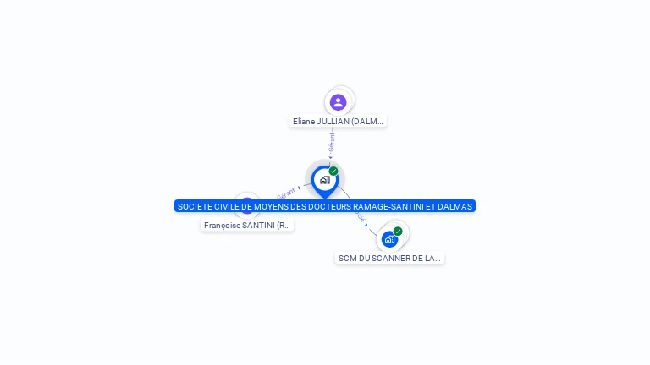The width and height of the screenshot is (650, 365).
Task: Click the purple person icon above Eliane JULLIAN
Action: pyautogui.click(x=338, y=102)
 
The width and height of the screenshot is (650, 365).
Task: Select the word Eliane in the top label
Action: pyautogui.click(x=305, y=122)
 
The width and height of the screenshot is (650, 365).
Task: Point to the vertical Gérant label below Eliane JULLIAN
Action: pyautogui.click(x=332, y=142)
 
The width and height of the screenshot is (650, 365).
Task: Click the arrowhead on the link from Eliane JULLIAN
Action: pyautogui.click(x=331, y=157)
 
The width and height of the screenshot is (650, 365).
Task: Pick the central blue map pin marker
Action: pyautogui.click(x=324, y=180)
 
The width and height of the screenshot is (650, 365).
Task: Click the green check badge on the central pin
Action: pyautogui.click(x=333, y=172)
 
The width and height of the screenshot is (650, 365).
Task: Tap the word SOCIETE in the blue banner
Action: pyautogui.click(x=195, y=206)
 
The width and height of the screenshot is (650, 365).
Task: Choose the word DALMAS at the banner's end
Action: pyautogui.click(x=455, y=206)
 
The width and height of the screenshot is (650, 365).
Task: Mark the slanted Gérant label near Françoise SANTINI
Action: pyautogui.click(x=286, y=193)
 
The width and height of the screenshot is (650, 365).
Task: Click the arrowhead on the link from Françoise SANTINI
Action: pyautogui.click(x=300, y=188)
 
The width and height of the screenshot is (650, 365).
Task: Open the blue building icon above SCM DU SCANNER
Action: pyautogui.click(x=389, y=239)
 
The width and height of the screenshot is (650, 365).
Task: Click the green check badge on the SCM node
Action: pyautogui.click(x=398, y=231)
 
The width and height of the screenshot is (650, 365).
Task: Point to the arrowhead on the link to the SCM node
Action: pyautogui.click(x=366, y=225)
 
